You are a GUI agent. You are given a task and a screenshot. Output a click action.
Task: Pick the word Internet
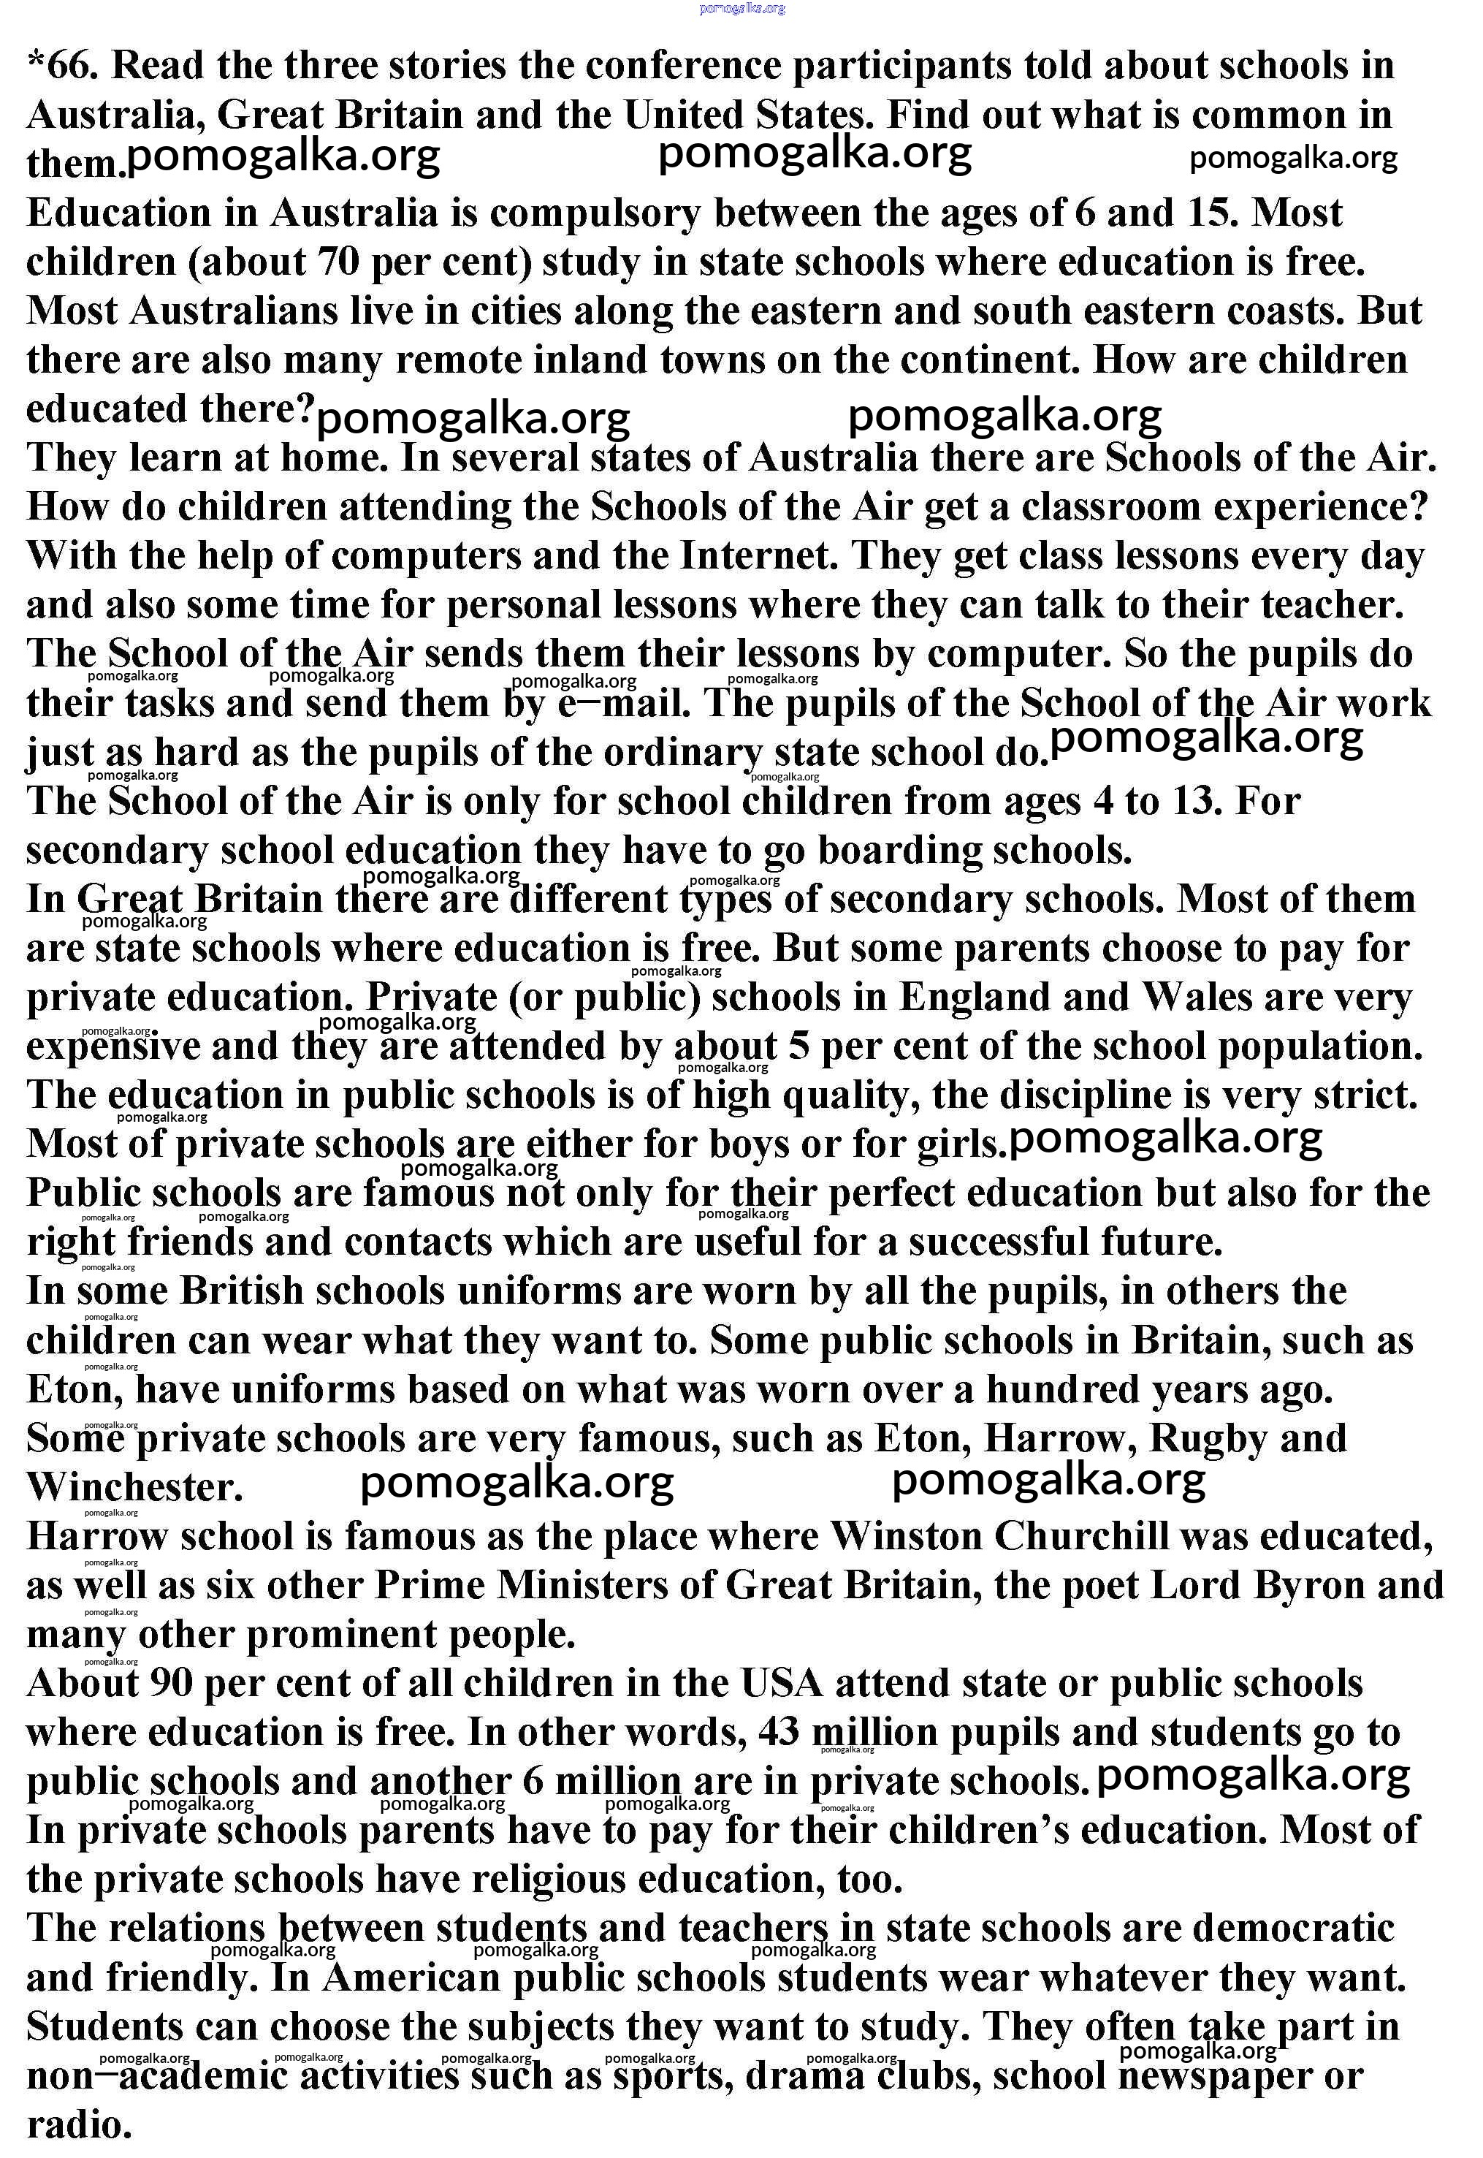click(x=759, y=557)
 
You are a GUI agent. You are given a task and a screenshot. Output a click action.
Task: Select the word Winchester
click(x=134, y=1488)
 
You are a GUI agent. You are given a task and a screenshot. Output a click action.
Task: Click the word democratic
click(x=1294, y=1929)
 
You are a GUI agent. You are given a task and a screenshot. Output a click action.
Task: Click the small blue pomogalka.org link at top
click(x=741, y=8)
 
